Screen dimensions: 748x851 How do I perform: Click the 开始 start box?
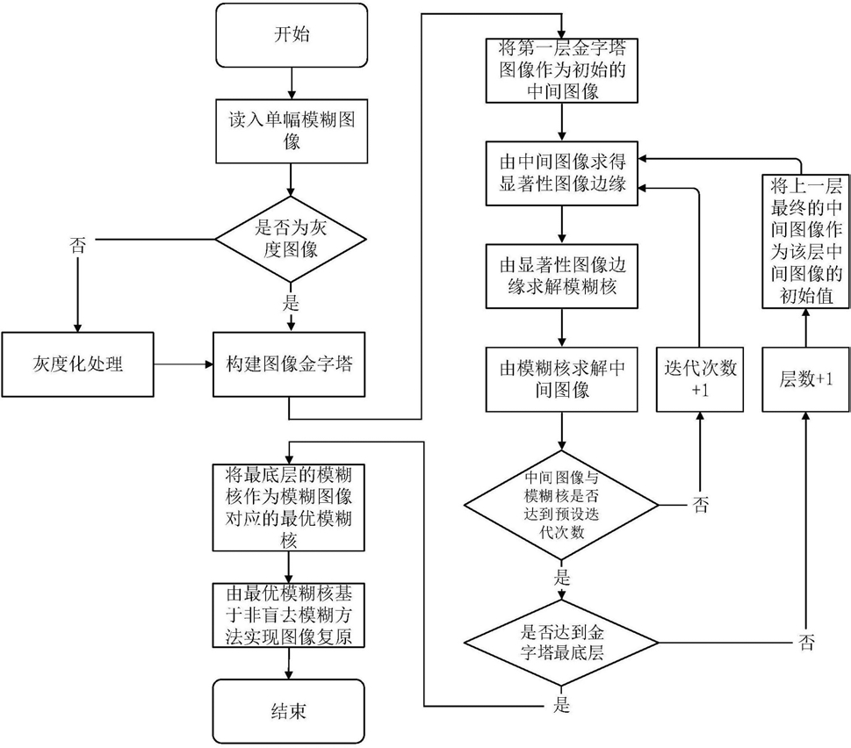coord(291,36)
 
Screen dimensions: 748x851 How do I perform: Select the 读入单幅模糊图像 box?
coord(291,130)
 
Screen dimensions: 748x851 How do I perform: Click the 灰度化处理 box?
coord(77,363)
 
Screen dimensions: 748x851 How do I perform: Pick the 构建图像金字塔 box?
coord(291,363)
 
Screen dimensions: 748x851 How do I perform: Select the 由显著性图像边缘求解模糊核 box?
coord(562,276)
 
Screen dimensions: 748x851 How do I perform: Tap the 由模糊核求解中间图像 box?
coord(562,379)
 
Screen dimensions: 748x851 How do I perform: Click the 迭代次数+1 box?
coord(700,379)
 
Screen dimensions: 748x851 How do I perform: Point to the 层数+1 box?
coord(801,379)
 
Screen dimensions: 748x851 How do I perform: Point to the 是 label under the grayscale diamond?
coord(291,305)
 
